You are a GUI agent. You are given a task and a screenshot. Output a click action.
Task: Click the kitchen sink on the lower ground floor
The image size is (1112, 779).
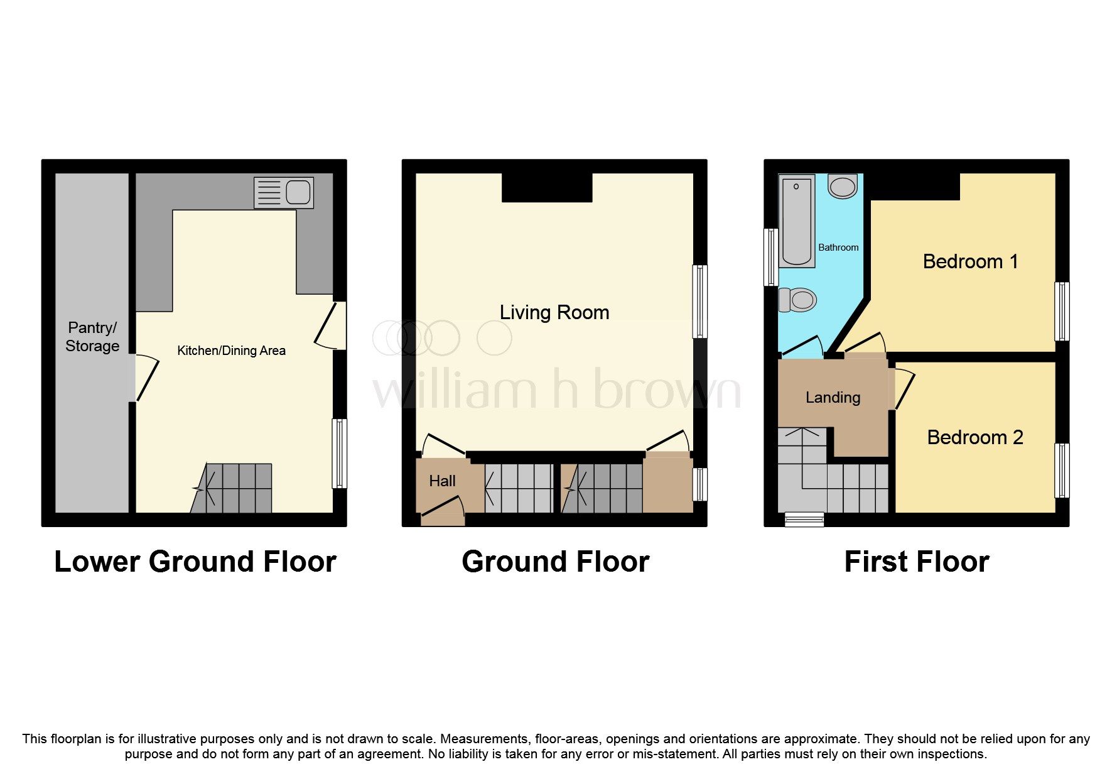284,192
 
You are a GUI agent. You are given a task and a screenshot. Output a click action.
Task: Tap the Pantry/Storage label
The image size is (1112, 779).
92,337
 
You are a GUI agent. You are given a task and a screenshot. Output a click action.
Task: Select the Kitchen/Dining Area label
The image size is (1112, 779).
231,351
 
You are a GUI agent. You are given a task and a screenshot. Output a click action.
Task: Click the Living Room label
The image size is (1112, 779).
554,312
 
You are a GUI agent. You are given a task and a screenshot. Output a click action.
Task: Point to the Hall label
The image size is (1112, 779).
442,481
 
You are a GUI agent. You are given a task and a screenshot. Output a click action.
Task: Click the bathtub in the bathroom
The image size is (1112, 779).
797,221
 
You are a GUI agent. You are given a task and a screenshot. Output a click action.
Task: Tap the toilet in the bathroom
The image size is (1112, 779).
797,300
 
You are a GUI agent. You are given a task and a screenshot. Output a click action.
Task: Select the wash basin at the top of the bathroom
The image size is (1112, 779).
842,187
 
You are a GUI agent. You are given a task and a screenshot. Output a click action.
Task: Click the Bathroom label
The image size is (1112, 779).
838,248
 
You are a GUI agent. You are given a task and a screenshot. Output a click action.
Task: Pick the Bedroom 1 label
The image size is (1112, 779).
970,261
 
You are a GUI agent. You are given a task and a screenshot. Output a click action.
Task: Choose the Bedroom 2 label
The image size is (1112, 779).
975,437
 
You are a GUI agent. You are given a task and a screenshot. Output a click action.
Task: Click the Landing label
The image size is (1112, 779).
833,398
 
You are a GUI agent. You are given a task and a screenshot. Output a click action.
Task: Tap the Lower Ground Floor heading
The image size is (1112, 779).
195,562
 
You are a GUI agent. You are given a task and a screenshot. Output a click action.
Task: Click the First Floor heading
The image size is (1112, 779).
917,562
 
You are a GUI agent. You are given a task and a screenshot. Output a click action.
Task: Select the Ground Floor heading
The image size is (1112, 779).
555,562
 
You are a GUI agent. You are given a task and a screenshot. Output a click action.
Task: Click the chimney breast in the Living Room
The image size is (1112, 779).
547,188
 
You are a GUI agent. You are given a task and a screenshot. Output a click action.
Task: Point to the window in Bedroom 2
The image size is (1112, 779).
1062,471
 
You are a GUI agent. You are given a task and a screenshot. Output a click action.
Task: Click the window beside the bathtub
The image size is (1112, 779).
770,256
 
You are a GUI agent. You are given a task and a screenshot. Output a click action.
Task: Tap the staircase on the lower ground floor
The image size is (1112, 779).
232,488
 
